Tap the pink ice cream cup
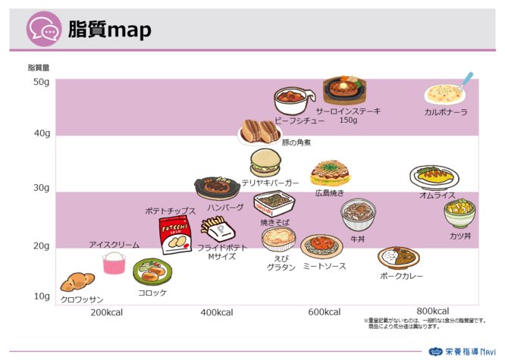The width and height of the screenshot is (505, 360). click(114, 262)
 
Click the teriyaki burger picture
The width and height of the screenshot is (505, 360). click(267, 162)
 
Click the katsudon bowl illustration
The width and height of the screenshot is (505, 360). click(460, 214)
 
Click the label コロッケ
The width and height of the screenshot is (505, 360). click(152, 292)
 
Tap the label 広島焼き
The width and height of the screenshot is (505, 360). click(330, 193)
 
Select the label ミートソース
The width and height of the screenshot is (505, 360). click(325, 265)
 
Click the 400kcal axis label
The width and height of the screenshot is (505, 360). click(217, 312)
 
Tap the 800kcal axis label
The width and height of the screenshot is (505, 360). click(433, 311)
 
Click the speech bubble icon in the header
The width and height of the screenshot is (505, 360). click(43, 31)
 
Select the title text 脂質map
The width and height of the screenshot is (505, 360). click(109, 30)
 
